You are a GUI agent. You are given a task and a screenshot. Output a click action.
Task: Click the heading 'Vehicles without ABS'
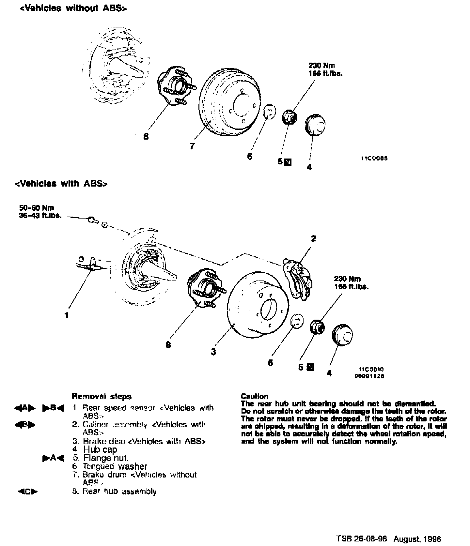(x=73, y=8)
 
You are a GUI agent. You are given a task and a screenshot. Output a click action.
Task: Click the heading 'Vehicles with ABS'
(x=61, y=184)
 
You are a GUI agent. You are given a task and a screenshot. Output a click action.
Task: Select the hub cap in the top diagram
(x=315, y=124)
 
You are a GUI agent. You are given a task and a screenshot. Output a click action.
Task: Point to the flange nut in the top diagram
(x=289, y=117)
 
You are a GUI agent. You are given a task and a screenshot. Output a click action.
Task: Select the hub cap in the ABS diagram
(x=342, y=334)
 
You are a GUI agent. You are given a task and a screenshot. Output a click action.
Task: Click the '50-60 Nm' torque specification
(x=37, y=208)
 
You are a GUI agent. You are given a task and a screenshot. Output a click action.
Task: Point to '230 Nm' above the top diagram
(x=321, y=66)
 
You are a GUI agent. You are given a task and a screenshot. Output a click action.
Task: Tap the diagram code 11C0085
(x=374, y=159)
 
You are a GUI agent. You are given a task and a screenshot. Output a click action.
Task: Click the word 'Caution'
(x=254, y=396)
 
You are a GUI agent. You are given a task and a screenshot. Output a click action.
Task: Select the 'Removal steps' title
(x=102, y=397)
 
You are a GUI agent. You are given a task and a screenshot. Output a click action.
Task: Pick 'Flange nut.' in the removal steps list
(x=106, y=458)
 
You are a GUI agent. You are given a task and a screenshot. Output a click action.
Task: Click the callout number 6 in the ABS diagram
(x=270, y=363)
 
